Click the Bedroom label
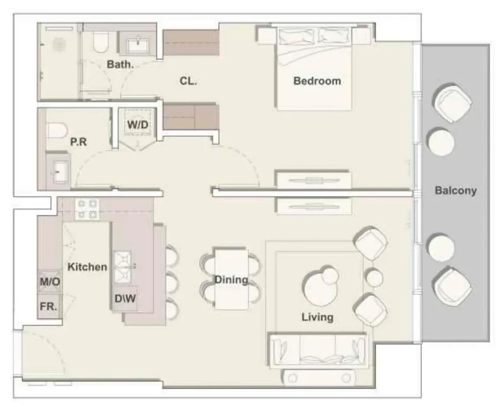(317, 81)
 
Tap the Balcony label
(456, 191)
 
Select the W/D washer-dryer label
(138, 124)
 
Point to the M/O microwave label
(50, 282)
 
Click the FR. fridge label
(48, 306)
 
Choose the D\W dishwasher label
(125, 298)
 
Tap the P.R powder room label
(79, 142)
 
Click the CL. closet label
(188, 81)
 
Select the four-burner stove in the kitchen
(87, 209)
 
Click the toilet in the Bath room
(100, 43)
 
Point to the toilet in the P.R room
(57, 130)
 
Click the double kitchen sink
(122, 267)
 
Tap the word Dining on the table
(231, 280)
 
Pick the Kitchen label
(87, 267)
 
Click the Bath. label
(121, 64)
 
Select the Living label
(317, 317)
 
